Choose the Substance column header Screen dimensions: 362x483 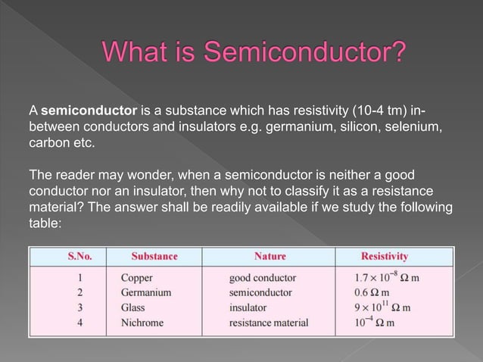(154, 257)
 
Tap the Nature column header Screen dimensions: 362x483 (270, 257)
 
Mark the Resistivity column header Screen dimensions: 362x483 (385, 257)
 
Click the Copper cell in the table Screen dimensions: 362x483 (137, 277)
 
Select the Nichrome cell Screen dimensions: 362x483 (142, 323)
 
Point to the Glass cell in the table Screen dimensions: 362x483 (134, 307)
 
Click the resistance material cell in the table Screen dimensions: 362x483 (269, 323)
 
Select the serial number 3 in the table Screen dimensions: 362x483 (80, 307)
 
